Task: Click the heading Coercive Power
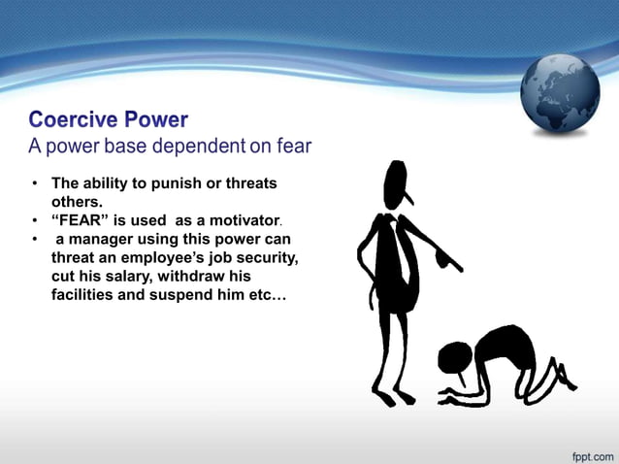[108, 120]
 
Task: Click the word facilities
[85, 293]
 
